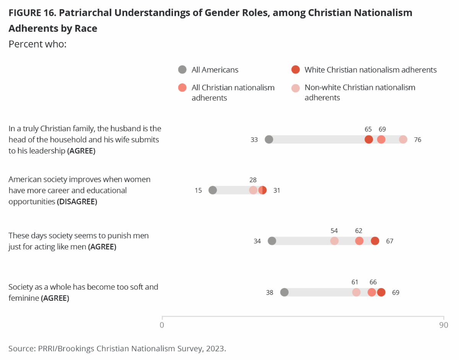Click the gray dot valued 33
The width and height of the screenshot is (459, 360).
pos(269,139)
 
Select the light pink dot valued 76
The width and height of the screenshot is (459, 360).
pos(403,139)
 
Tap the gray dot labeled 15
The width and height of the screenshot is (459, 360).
pos(213,190)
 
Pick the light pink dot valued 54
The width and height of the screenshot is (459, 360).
pos(334,241)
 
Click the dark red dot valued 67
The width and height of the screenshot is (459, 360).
pos(375,241)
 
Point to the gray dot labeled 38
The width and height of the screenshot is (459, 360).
pos(284,292)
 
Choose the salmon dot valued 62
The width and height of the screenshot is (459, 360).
pos(359,241)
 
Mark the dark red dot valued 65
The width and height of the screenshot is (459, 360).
pos(369,139)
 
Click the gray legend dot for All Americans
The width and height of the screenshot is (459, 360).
pos(182,70)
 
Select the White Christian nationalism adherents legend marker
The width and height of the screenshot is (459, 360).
pos(295,70)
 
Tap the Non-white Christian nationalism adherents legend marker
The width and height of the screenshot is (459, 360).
pos(295,88)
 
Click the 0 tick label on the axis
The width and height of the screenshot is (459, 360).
pos(162,325)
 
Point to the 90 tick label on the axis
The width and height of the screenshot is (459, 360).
pos(443,325)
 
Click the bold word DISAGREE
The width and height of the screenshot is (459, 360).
pos(77,201)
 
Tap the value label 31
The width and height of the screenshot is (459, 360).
pos(277,190)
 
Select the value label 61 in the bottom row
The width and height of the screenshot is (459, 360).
pos(355,282)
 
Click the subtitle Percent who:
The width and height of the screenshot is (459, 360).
pos(37,44)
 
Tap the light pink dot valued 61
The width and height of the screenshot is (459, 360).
pos(356,292)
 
